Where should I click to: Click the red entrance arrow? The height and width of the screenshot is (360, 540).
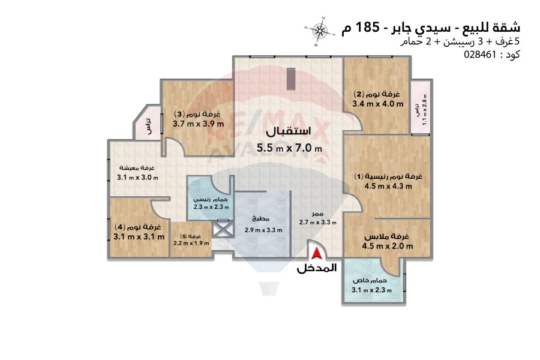point(316,254)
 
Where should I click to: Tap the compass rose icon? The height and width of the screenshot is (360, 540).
point(320,31)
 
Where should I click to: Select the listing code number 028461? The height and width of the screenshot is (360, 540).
point(481,55)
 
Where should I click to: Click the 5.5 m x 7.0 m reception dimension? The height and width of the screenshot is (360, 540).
point(289,148)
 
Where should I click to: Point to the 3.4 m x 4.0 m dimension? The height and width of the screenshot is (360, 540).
point(378,104)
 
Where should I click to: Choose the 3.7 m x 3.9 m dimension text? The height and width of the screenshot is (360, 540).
point(199,124)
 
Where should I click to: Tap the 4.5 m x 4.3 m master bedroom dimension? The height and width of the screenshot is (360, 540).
point(388,187)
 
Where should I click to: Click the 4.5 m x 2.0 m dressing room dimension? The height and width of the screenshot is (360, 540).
point(388,247)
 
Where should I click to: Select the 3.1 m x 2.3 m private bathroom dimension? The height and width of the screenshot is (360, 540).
point(371,290)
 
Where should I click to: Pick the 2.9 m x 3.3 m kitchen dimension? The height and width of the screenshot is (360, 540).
point(263,230)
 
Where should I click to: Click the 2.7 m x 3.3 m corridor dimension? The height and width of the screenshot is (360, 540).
point(318,222)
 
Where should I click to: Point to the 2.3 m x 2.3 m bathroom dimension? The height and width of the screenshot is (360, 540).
point(211,207)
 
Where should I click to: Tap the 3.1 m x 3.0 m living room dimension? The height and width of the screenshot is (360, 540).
point(138,178)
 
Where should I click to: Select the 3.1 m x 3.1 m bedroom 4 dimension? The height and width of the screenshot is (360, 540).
point(139,237)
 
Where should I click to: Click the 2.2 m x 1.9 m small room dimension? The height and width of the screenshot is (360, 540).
point(191,243)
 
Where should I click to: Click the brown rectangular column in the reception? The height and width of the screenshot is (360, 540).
point(292,79)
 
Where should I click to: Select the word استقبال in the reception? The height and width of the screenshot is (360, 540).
point(289,131)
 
